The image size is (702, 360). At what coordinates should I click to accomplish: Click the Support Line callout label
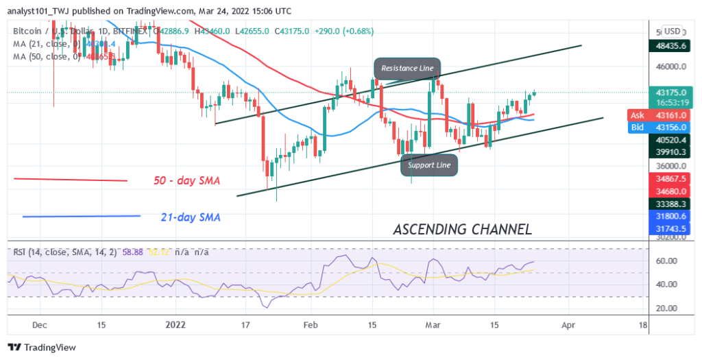[430, 165]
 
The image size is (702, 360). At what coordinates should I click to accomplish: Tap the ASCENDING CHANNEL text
[463, 229]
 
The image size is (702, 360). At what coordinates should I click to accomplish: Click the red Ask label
[636, 115]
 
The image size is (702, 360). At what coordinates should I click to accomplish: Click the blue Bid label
[636, 128]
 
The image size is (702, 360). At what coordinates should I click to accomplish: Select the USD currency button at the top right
[672, 31]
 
